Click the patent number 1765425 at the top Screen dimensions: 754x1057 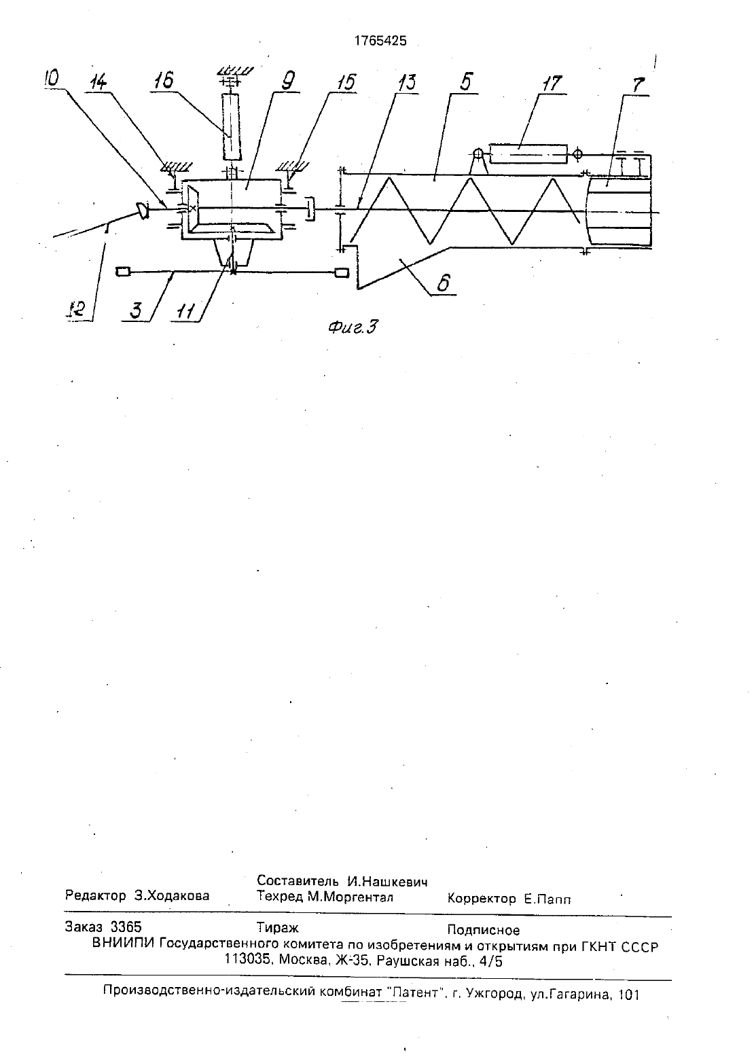(x=380, y=41)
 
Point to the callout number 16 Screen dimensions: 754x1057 (x=163, y=80)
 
